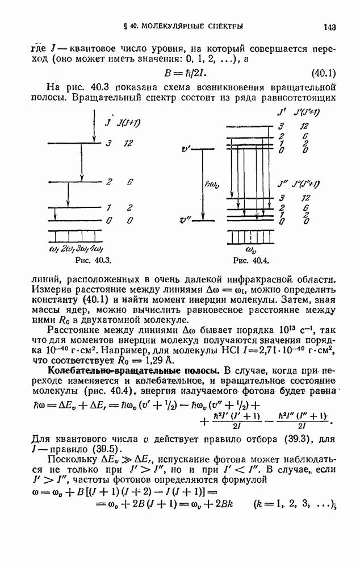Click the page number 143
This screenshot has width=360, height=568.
tap(330, 26)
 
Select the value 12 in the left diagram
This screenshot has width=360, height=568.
tap(129, 144)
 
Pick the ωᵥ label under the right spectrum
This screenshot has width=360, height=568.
tap(251, 249)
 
